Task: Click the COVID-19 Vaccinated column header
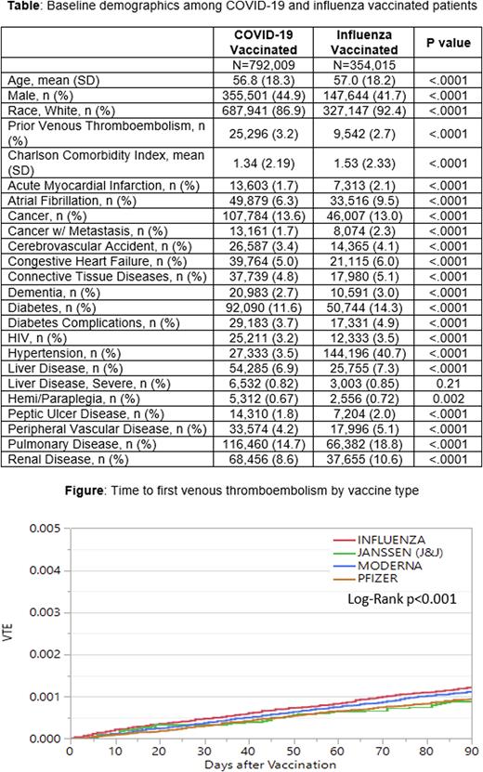point(266,42)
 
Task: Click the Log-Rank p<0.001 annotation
point(405,599)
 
